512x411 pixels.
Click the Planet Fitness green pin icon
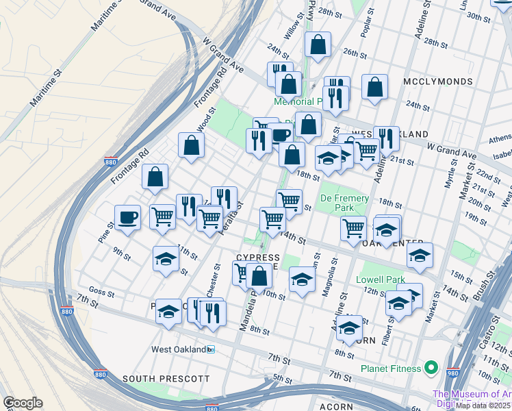431,369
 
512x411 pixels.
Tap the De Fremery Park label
344,203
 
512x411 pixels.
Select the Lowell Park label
380,279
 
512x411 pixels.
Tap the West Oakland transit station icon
211,349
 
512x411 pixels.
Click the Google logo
23,403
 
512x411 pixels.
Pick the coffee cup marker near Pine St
128,217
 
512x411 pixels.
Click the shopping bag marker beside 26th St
318,46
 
